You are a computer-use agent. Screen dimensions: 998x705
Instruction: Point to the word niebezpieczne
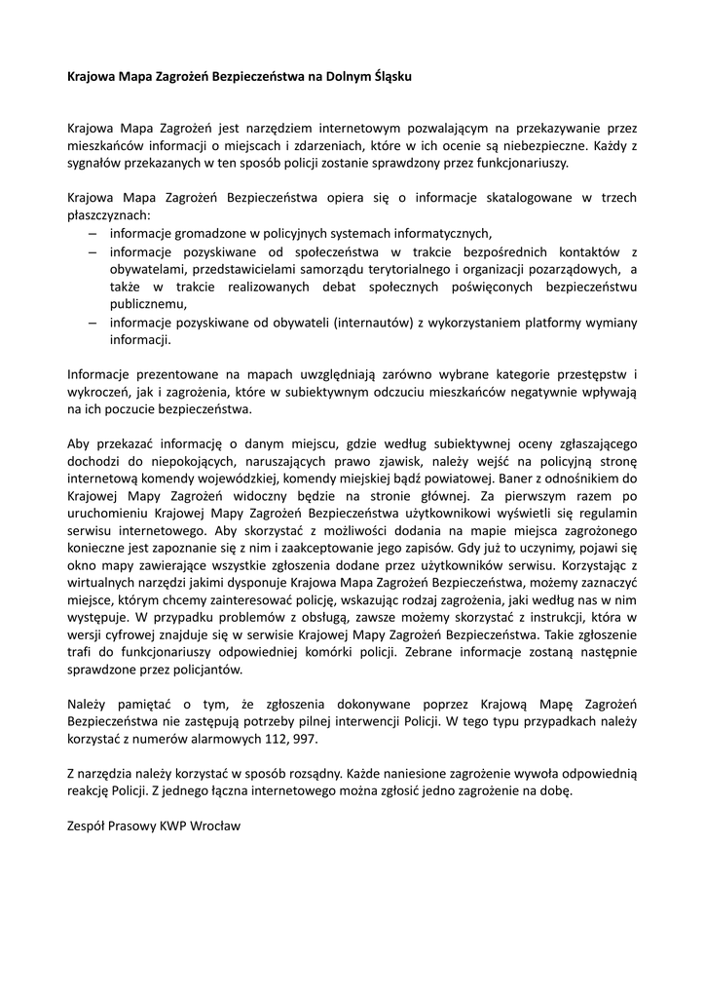pyautogui.click(x=551, y=145)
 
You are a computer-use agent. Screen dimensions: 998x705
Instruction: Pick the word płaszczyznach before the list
pyautogui.click(x=109, y=214)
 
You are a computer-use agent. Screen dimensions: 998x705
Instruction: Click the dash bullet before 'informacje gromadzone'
pyautogui.click(x=92, y=233)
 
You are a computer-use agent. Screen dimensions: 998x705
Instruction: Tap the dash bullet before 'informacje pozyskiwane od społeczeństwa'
pyautogui.click(x=92, y=250)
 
